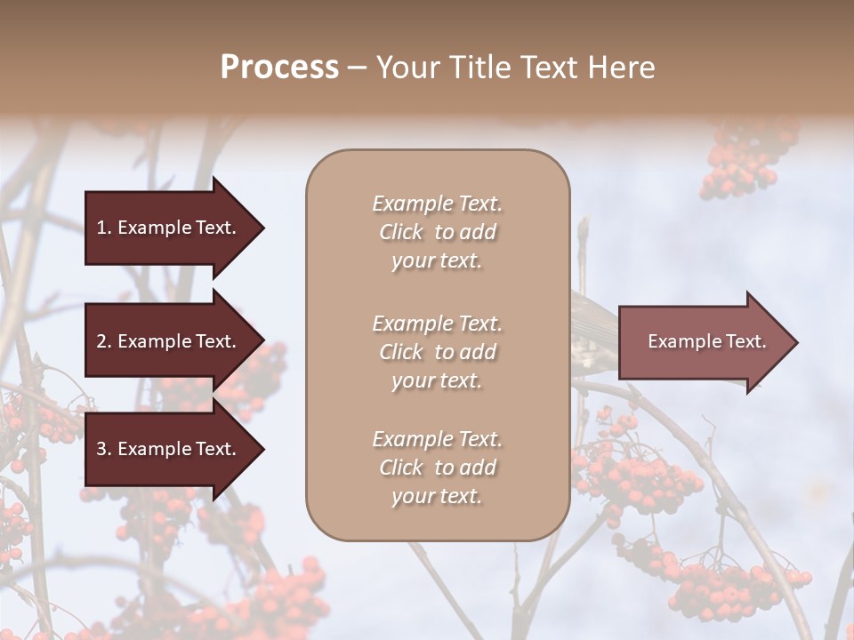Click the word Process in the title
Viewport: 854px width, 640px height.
pos(279,68)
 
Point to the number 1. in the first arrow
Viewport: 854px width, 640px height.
pos(103,228)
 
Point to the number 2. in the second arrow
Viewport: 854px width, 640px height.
pos(103,341)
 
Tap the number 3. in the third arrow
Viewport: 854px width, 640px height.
pos(103,449)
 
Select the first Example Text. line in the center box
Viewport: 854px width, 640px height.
pos(437,204)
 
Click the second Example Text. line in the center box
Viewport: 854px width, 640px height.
pos(437,324)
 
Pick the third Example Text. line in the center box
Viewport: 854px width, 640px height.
pos(437,439)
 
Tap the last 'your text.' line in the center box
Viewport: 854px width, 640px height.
pos(437,496)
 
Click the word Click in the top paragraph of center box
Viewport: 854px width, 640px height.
pos(401,232)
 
